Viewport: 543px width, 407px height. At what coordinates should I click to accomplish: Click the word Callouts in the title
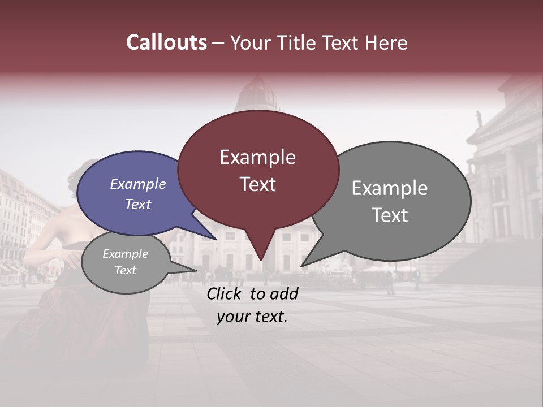click(x=166, y=42)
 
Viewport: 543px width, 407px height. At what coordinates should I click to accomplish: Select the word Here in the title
click(x=386, y=42)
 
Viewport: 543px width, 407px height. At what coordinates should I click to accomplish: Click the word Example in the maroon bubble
click(x=257, y=157)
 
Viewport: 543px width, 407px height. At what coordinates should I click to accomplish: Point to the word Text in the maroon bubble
click(x=257, y=184)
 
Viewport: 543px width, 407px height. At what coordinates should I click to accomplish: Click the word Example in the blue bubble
click(x=138, y=184)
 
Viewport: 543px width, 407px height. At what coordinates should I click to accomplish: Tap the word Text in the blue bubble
click(x=138, y=204)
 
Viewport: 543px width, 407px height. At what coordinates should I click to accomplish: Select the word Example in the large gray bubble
click(x=390, y=188)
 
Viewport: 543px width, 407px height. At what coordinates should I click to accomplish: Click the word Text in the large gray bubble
click(x=390, y=215)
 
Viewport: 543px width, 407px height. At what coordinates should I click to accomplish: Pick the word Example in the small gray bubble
click(x=125, y=254)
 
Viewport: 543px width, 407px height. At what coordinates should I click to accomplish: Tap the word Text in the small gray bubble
click(x=125, y=270)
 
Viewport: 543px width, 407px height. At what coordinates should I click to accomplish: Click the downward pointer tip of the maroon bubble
click(x=261, y=260)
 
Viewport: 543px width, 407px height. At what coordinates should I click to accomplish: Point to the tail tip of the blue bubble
click(x=216, y=240)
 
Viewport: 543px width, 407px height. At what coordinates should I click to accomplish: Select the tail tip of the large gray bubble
click(x=301, y=266)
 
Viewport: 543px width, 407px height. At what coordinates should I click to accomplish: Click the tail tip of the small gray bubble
click(x=196, y=271)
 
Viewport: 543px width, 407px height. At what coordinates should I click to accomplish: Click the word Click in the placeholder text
click(x=226, y=293)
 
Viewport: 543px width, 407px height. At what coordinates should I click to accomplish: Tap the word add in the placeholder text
click(x=283, y=293)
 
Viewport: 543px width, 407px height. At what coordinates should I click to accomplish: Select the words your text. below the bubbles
click(x=252, y=317)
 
